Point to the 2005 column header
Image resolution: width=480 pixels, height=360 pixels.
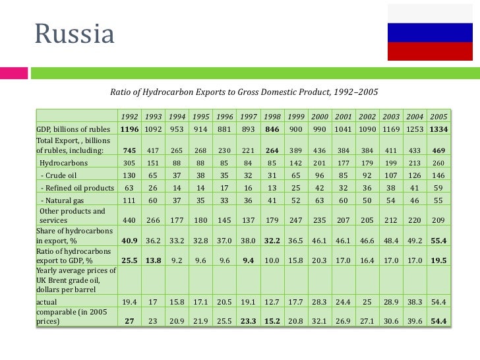438,117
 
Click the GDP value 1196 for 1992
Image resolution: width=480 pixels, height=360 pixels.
129,129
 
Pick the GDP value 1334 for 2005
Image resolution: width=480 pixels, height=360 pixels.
438,129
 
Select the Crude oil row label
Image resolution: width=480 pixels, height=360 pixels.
63,175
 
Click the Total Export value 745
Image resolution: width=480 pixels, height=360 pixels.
129,150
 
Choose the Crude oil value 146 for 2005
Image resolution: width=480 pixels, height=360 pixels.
438,175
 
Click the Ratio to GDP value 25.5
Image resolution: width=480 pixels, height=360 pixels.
129,260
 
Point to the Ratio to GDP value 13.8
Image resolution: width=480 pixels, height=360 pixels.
153,260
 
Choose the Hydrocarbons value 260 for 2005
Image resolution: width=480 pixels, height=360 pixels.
438,162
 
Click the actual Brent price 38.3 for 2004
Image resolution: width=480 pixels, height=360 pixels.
414,303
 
